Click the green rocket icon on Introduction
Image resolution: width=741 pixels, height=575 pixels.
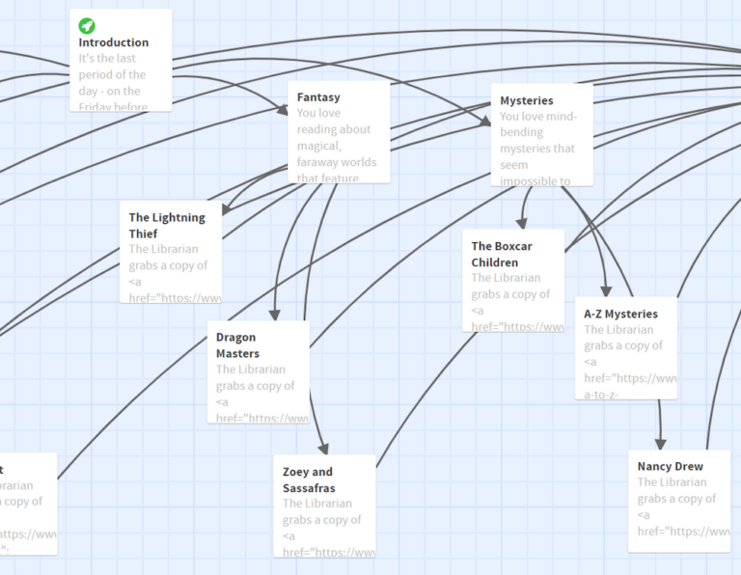click(x=87, y=25)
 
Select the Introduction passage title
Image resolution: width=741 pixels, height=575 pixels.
click(x=114, y=42)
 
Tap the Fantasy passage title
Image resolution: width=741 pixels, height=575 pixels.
click(x=318, y=97)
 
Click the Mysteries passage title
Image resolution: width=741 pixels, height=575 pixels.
click(x=527, y=100)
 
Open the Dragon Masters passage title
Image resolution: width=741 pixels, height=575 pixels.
click(x=237, y=345)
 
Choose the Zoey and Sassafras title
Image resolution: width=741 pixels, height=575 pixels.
click(x=308, y=479)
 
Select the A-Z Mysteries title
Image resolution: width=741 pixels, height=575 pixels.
click(x=620, y=314)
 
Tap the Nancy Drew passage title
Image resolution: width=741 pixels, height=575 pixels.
click(x=670, y=466)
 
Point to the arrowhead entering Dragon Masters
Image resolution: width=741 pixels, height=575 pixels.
click(x=274, y=314)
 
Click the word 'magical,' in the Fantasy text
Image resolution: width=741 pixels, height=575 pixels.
click(x=321, y=146)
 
